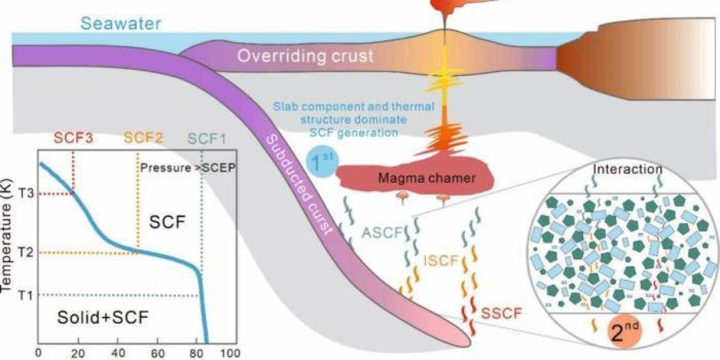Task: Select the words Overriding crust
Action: point(305,57)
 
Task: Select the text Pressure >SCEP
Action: point(186,168)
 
